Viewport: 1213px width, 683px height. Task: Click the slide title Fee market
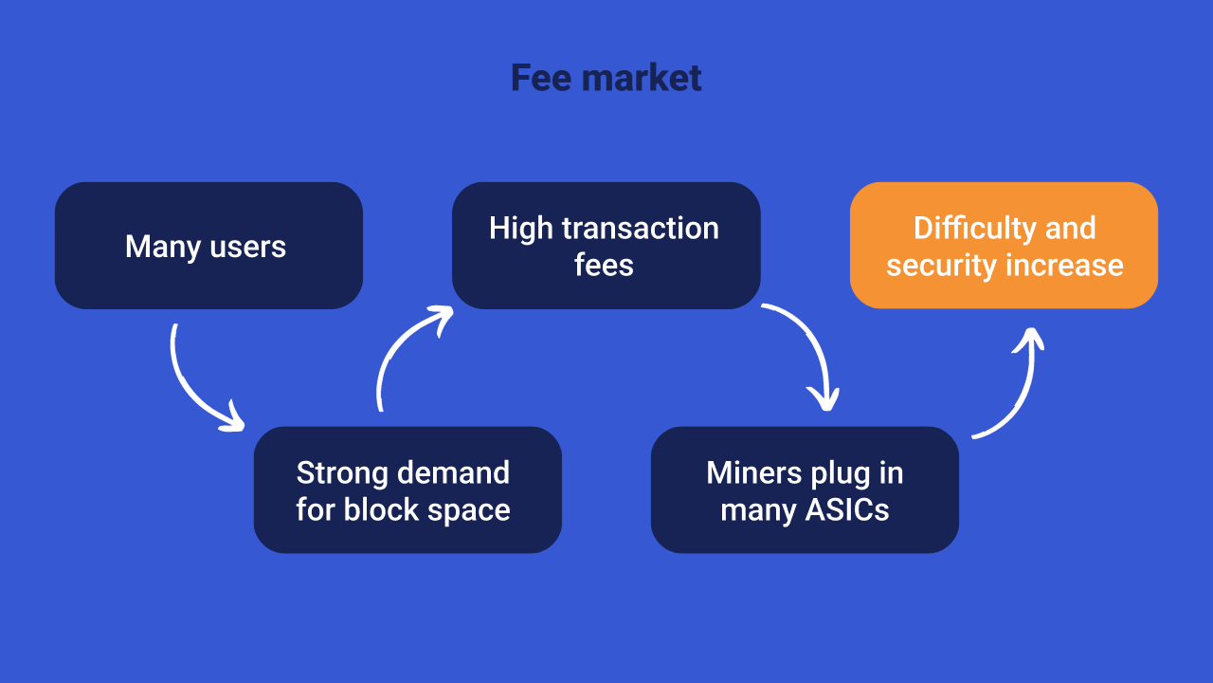(606, 78)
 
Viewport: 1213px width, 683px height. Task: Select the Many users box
(208, 246)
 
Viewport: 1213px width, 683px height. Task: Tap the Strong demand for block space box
(407, 489)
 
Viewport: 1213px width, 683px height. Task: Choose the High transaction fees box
(606, 246)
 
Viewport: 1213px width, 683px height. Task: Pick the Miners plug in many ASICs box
(805, 489)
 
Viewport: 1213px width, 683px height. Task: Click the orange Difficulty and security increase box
(1004, 246)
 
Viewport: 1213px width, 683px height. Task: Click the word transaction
(640, 229)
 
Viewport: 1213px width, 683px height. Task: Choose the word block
(379, 510)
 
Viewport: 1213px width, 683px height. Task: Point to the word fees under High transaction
(604, 266)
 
